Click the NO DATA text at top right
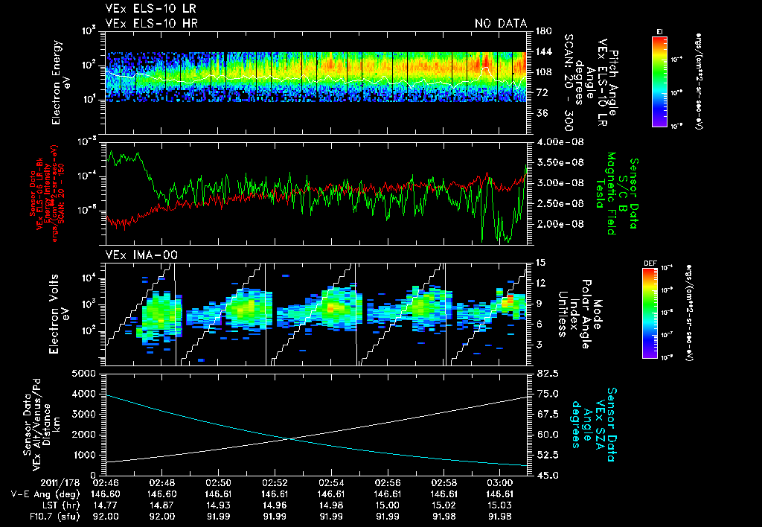[x=500, y=23]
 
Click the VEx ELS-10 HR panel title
[x=152, y=23]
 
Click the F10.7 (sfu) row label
[x=32, y=514]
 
